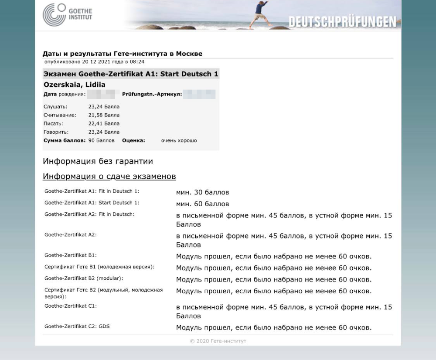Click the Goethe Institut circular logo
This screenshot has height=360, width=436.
[54, 14]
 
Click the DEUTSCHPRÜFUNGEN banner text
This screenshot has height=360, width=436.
[342, 22]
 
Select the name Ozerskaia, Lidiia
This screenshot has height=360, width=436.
[75, 85]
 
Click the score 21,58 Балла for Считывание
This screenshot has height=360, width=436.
[104, 115]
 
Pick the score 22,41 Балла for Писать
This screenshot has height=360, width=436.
[104, 123]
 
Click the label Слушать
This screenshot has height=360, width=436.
[55, 107]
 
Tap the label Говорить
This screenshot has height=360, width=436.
[56, 132]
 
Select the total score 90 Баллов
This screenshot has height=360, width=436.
[101, 141]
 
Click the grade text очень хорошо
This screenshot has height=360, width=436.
[179, 141]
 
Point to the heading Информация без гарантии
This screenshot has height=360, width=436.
[98, 162]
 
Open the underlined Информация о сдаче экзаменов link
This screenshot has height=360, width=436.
[109, 177]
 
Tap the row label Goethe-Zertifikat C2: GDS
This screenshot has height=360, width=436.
[77, 326]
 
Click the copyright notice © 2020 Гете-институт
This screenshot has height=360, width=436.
[218, 341]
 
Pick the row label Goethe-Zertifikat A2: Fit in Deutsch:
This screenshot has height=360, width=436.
[89, 214]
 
